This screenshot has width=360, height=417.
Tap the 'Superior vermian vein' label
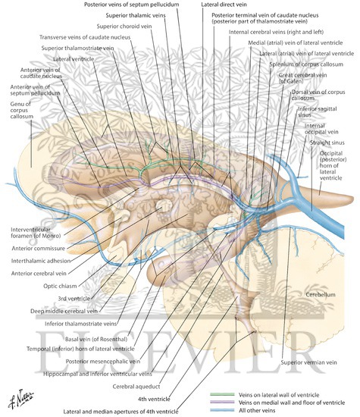307,362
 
